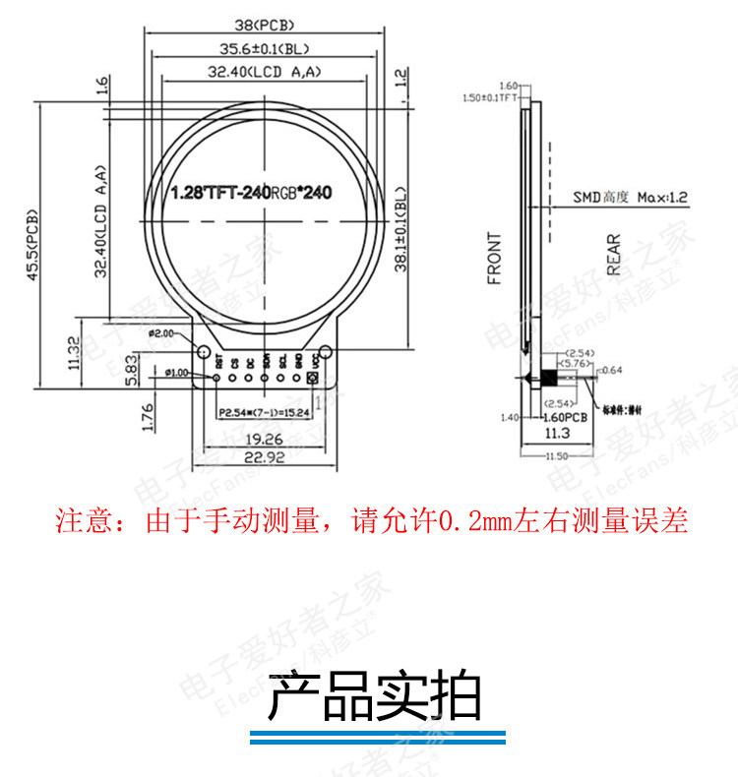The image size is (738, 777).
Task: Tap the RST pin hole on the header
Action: tap(218, 377)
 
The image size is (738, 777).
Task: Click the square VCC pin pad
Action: tap(314, 377)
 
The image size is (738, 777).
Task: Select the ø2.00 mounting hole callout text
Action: tap(159, 334)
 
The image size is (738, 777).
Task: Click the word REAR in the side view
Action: tap(613, 254)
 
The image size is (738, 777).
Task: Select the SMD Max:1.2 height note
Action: tap(631, 198)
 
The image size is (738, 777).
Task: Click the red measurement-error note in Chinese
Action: tap(371, 521)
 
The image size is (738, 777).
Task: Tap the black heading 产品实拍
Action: tap(375, 697)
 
